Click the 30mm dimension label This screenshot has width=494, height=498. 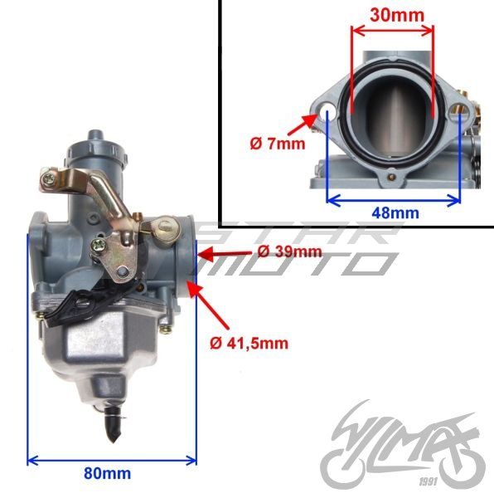coord(393,14)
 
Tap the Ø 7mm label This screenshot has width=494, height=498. coord(277,143)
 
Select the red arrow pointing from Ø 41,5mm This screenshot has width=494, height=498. coord(209,305)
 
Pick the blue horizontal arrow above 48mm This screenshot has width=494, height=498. coord(394,199)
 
